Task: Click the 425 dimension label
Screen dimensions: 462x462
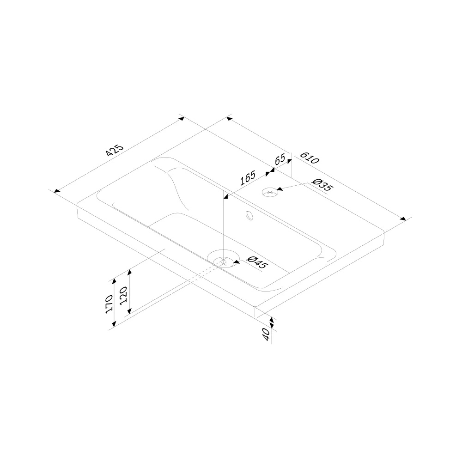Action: [x=115, y=150]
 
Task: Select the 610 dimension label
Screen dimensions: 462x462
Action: [x=310, y=158]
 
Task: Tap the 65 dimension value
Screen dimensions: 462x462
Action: [x=280, y=159]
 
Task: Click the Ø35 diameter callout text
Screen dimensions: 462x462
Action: [x=322, y=185]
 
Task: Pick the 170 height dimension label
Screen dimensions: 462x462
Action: [x=109, y=303]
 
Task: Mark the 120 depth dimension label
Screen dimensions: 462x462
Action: [x=123, y=296]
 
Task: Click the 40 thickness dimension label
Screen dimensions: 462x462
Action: [x=267, y=334]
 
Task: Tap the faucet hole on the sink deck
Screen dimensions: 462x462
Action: [x=270, y=193]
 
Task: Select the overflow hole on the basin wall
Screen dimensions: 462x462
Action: [x=249, y=216]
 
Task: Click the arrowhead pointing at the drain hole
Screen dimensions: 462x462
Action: [x=236, y=261]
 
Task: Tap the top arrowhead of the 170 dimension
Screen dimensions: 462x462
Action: [x=114, y=282]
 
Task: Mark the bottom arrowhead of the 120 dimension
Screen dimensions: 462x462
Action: [x=129, y=310]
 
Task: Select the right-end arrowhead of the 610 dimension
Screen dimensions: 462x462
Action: [x=403, y=219]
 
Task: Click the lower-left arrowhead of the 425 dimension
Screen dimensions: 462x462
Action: [x=57, y=191]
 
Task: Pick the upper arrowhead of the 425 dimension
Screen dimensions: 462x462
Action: [x=182, y=119]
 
